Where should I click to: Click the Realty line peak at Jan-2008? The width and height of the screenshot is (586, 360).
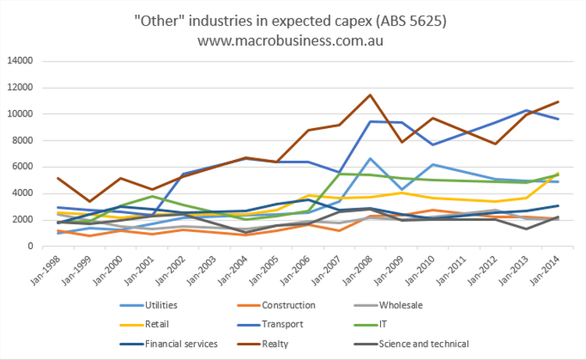pos(370,95)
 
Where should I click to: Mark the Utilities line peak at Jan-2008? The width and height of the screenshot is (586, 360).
pos(370,159)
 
